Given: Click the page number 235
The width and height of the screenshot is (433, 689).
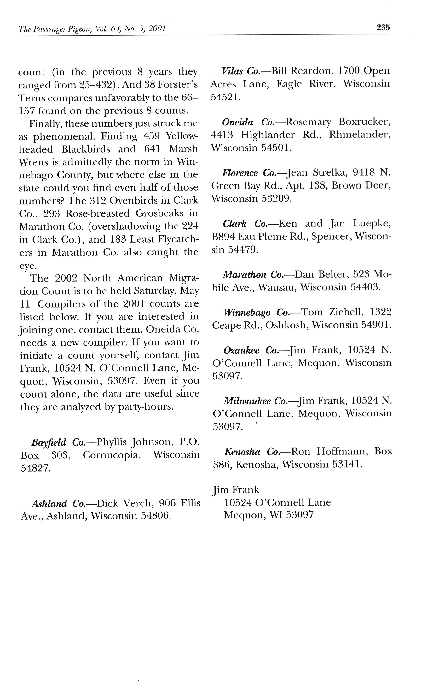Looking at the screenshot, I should click(383, 27).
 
